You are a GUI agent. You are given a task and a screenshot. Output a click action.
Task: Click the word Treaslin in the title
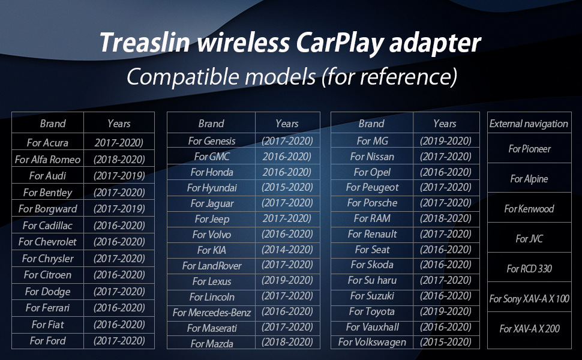pyautogui.click(x=145, y=42)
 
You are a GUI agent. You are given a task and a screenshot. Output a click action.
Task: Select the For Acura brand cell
pyautogui.click(x=47, y=143)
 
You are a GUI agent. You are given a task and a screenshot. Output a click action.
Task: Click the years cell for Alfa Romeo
pyautogui.click(x=119, y=159)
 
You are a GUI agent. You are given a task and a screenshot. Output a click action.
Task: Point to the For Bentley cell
pyautogui.click(x=47, y=192)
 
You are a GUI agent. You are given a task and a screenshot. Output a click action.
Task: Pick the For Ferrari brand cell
pyautogui.click(x=47, y=308)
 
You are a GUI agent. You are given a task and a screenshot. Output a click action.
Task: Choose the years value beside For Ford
pyautogui.click(x=119, y=341)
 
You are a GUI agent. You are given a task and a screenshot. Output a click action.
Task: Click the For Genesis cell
pyautogui.click(x=212, y=141)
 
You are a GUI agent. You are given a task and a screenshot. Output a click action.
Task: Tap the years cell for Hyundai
pyautogui.click(x=287, y=187)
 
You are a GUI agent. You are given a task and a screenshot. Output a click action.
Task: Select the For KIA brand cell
pyautogui.click(x=212, y=250)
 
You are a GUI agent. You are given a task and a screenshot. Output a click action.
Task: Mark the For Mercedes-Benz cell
pyautogui.click(x=212, y=313)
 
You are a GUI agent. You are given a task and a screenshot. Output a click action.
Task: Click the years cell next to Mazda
pyautogui.click(x=287, y=342)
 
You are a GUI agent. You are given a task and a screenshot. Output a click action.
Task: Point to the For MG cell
pyautogui.click(x=372, y=141)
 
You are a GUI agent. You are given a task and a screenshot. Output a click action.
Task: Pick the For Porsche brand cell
pyautogui.click(x=372, y=203)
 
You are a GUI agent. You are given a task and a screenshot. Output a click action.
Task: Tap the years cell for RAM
pyautogui.click(x=445, y=218)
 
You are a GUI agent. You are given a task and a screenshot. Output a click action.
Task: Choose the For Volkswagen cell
pyautogui.click(x=372, y=342)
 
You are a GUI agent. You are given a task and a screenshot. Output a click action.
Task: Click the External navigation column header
pyautogui.click(x=529, y=124)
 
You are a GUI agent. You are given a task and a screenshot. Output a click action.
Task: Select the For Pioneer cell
pyautogui.click(x=529, y=149)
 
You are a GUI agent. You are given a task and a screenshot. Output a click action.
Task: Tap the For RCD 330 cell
pyautogui.click(x=529, y=268)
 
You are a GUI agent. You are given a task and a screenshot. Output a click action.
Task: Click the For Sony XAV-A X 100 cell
pyautogui.click(x=529, y=298)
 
